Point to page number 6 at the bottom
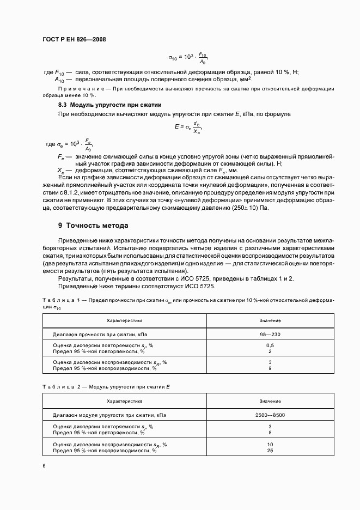(x=44, y=465)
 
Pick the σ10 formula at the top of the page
(x=188, y=57)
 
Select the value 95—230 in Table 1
(x=270, y=334)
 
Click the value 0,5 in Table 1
(x=270, y=346)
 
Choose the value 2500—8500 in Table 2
(x=270, y=415)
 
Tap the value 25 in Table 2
(x=270, y=451)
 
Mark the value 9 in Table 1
(x=270, y=369)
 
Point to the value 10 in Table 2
(x=270, y=445)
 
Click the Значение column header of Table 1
(x=270, y=320)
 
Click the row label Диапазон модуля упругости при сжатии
(x=109, y=415)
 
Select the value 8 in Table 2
(x=270, y=433)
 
